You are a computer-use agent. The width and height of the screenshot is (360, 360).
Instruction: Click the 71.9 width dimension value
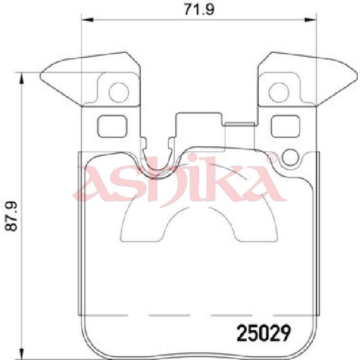coord(199,9)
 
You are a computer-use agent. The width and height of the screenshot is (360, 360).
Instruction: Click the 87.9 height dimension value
coord(11,216)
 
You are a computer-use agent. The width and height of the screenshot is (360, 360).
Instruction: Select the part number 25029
coord(264,333)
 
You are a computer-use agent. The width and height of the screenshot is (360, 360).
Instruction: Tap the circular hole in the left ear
coord(119,92)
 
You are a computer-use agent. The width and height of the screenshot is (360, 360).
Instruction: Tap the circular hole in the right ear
coord(279,92)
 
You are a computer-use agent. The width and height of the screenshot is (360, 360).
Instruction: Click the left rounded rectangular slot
coord(112,126)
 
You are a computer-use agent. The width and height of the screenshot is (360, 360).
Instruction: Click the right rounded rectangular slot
coord(285,126)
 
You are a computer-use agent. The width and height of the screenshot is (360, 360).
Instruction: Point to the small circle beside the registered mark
coord(289,157)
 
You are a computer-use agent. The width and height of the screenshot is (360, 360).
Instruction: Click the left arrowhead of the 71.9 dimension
coord(87,19)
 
